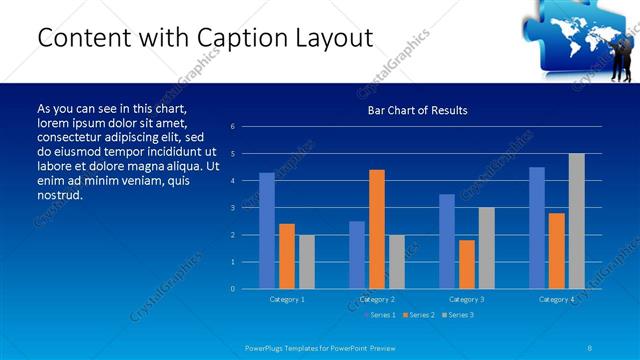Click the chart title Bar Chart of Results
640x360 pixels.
coord(417,110)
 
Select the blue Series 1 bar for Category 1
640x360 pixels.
coord(267,231)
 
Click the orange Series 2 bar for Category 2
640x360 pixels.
coord(377,229)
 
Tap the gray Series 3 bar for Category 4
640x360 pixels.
coord(577,221)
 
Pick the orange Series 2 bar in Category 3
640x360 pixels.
coord(467,264)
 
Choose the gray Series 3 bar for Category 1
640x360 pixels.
coord(307,262)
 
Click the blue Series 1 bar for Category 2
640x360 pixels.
coord(357,255)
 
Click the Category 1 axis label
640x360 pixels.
coord(287,299)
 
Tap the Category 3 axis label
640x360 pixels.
coord(467,299)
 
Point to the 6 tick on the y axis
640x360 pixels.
coord(232,127)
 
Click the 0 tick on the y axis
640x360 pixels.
coord(232,289)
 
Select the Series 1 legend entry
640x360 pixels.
coord(379,315)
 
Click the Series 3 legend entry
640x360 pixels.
coord(457,315)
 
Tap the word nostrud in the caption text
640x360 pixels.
coord(59,194)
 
